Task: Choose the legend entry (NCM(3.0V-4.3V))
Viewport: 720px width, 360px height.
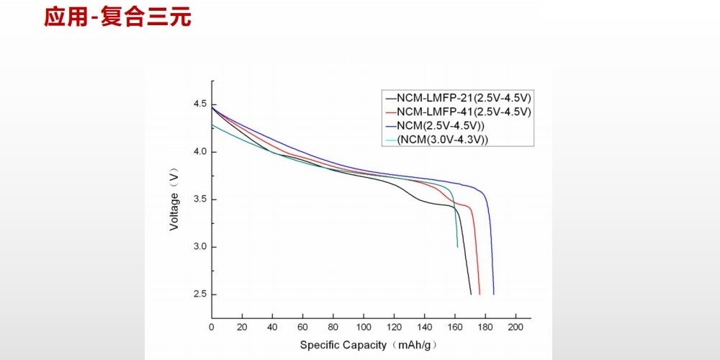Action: [442, 139]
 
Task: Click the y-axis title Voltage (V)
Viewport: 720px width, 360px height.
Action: [174, 199]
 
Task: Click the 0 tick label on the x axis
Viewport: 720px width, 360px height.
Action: [212, 328]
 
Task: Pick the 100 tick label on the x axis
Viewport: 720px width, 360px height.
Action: [364, 328]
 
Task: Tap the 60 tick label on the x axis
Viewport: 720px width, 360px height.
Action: [302, 328]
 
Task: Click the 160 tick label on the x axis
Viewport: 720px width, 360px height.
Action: [454, 328]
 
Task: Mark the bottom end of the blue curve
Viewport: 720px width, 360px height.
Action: [494, 294]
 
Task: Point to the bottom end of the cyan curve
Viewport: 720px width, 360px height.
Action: [457, 246]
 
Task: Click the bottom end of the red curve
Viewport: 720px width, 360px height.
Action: [479, 294]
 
